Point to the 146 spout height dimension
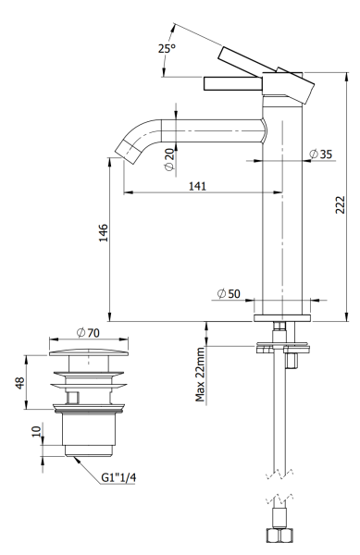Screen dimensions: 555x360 (x=105, y=238)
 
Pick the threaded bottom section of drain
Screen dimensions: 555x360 (x=89, y=435)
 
